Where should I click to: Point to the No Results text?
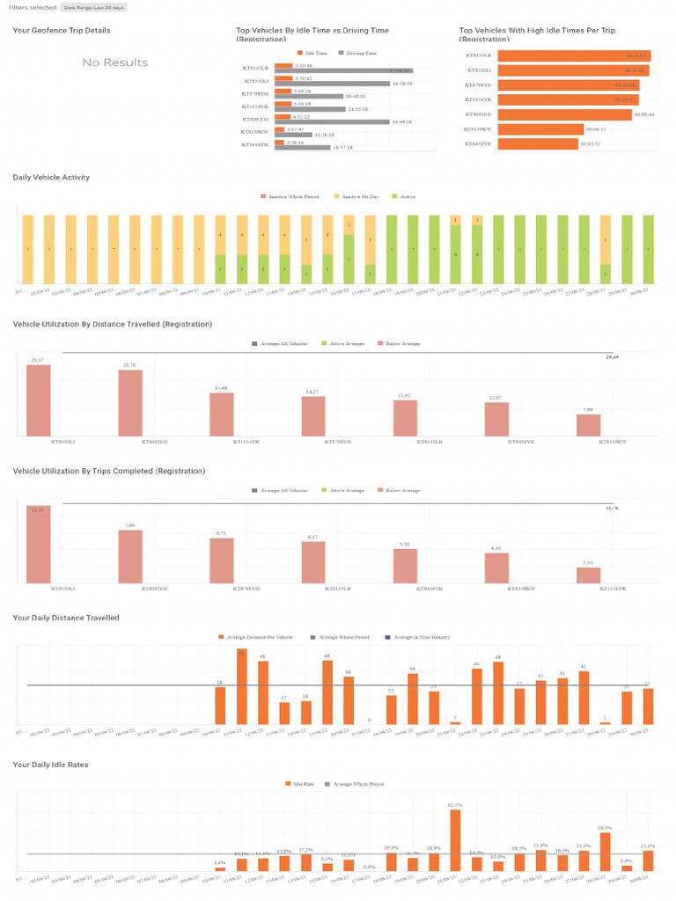(x=115, y=62)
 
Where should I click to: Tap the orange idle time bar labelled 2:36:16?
(x=279, y=142)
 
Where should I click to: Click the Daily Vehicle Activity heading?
(x=51, y=178)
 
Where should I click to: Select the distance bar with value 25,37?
(x=39, y=400)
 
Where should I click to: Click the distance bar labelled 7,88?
(x=589, y=425)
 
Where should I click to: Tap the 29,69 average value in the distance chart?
(x=612, y=358)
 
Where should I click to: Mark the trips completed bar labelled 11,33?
(x=39, y=544)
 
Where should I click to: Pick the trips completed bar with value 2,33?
(x=589, y=575)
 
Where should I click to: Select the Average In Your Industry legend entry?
(x=421, y=636)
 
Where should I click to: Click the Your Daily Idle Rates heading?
(x=50, y=765)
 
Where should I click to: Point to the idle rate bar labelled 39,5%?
(x=606, y=852)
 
